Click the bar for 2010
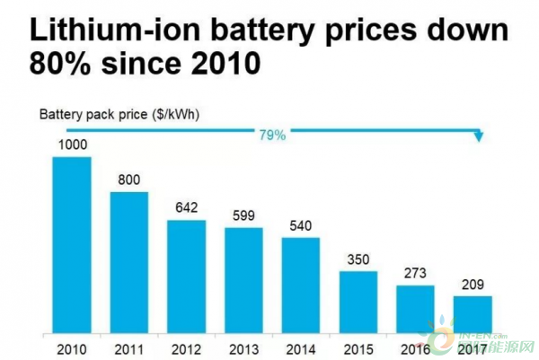tap(72, 245)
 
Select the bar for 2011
tap(129, 262)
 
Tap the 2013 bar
tap(243, 280)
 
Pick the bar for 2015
tap(358, 302)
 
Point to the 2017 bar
tap(472, 314)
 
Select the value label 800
tap(129, 180)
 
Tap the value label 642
tap(186, 208)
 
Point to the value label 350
tap(358, 259)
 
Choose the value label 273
tap(414, 274)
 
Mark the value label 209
tap(472, 285)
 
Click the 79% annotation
tap(272, 135)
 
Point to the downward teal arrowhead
tap(479, 137)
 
